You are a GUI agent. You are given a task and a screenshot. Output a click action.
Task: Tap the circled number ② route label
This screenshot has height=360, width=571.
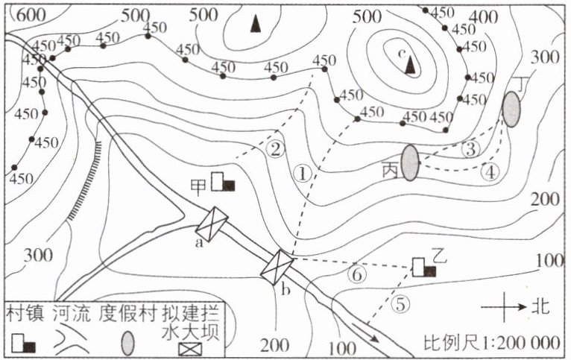[x=276, y=149]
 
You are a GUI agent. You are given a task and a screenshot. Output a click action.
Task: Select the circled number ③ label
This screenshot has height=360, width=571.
[x=470, y=148]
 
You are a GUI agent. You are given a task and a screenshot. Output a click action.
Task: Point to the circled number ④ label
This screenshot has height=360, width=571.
[x=489, y=171]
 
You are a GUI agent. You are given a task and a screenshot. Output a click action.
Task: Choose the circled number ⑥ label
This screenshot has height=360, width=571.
[x=357, y=274]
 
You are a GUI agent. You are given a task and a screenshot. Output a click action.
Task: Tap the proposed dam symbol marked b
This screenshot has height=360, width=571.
[x=278, y=267]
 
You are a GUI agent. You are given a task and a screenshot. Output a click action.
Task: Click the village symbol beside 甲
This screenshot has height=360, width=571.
[x=222, y=182]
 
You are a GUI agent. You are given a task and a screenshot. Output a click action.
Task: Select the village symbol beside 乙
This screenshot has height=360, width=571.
[x=423, y=268]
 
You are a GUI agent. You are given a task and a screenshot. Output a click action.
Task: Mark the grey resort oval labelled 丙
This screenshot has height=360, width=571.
[x=410, y=162]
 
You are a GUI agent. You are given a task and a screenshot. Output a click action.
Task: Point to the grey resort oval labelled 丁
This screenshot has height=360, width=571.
[x=511, y=109]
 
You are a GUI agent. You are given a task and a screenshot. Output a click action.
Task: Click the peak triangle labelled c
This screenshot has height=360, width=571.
[x=408, y=66]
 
